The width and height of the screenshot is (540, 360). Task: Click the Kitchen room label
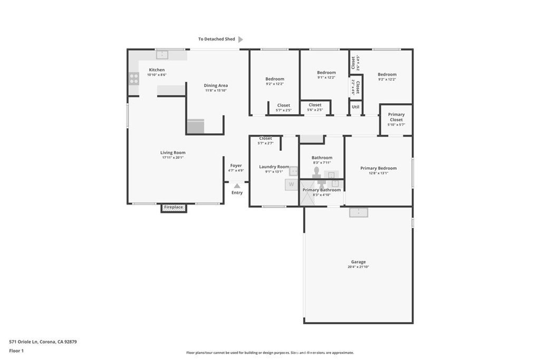click(x=157, y=70)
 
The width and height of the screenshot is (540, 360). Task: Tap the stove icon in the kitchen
click(x=134, y=79)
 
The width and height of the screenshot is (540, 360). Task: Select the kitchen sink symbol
click(x=162, y=54)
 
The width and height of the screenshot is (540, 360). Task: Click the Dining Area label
click(x=216, y=85)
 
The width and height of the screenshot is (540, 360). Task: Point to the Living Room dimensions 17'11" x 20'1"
click(x=173, y=158)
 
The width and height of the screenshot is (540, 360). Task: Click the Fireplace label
click(x=173, y=208)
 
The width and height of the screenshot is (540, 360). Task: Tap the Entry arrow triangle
click(x=237, y=186)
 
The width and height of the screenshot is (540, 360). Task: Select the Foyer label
click(x=236, y=166)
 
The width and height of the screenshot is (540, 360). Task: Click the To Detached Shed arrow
click(x=240, y=39)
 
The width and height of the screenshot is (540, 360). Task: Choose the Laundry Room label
click(x=274, y=167)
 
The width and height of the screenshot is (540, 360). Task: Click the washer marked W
click(x=291, y=184)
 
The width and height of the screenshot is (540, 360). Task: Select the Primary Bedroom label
click(x=378, y=168)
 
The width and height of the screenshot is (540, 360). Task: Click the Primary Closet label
click(x=396, y=117)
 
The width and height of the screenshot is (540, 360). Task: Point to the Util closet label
click(x=355, y=106)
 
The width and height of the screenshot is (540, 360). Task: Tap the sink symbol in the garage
click(x=359, y=212)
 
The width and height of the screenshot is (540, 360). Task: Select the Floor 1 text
click(x=17, y=351)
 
